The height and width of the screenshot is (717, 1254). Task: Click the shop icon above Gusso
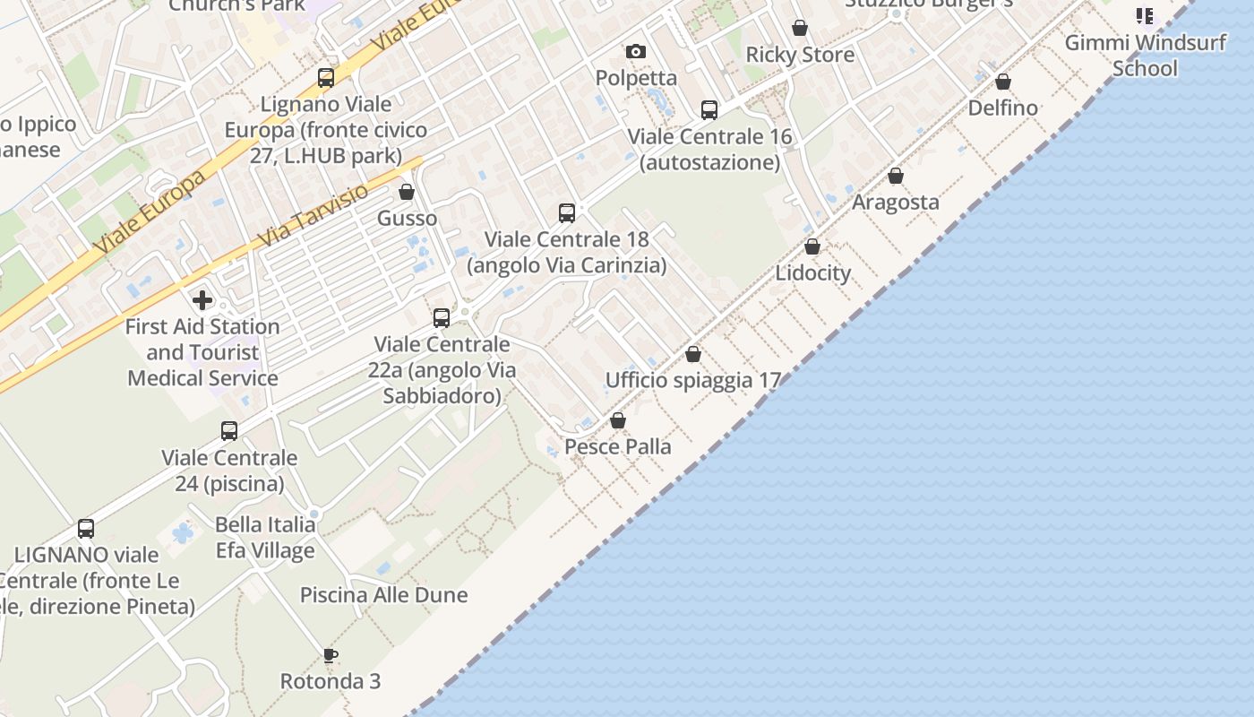(x=407, y=192)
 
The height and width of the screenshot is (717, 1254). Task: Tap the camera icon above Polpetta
(x=636, y=52)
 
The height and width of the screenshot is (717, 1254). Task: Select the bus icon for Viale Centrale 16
(x=709, y=110)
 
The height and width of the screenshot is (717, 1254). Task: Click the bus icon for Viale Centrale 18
(x=567, y=213)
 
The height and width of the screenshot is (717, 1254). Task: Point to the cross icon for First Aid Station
(x=202, y=299)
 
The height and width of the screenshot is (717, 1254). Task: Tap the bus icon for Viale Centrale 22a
(x=442, y=318)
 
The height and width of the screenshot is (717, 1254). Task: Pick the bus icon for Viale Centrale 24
(x=229, y=431)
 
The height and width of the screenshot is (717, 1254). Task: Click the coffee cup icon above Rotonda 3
(x=331, y=655)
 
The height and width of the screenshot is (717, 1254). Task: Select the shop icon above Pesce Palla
(x=618, y=420)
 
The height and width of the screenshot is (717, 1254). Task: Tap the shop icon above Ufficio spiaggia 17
(x=693, y=354)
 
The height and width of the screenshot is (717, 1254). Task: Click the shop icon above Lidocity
(x=812, y=246)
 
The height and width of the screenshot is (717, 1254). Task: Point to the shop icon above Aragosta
(x=896, y=176)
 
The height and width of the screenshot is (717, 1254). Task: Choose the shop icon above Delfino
(x=1003, y=82)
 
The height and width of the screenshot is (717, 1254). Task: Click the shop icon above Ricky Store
(x=800, y=29)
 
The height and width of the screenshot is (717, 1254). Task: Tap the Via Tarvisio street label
(x=313, y=216)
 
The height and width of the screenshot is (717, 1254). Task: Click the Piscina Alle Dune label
(x=383, y=595)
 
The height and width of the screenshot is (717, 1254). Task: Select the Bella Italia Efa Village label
(x=265, y=537)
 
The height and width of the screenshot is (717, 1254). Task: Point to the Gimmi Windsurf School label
(x=1145, y=55)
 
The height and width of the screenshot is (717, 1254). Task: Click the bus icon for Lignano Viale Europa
(x=326, y=78)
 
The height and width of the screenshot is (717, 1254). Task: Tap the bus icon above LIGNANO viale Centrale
(x=86, y=529)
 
